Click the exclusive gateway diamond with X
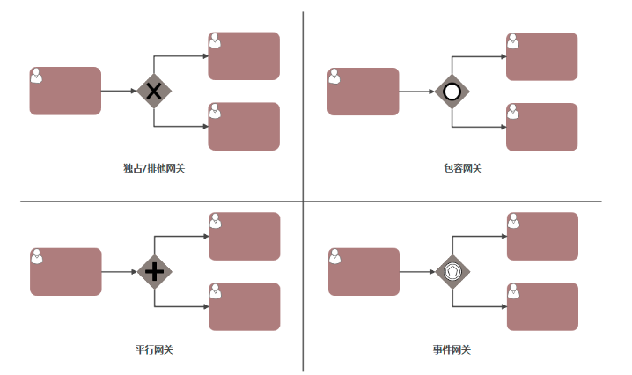coord(154,91)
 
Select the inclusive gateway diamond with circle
coord(452,92)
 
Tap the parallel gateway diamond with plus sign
coord(154,271)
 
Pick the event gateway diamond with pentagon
coord(452,271)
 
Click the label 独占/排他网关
coord(155,168)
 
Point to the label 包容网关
coord(463,168)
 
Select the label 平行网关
coord(154,349)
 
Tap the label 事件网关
coord(452,349)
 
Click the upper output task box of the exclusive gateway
coord(244,56)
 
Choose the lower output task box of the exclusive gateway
coord(244,127)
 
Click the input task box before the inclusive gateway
coord(363,92)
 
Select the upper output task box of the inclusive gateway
coord(541,56)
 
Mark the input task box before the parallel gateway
coord(66,271)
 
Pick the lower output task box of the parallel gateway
coord(244,306)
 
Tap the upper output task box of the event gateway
coord(541,236)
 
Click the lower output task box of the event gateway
coord(541,306)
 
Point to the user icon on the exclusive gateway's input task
coord(37,76)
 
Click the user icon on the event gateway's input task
coord(335,256)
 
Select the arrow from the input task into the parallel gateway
coord(120,271)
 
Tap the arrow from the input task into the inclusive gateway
coord(417,92)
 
